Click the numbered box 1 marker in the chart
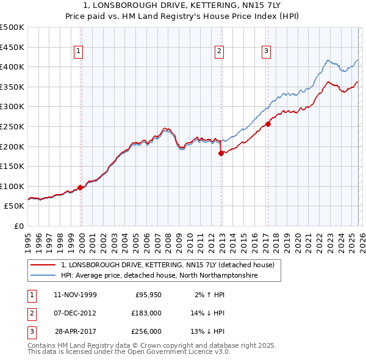[x=80, y=52]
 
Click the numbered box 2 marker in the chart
[x=220, y=52]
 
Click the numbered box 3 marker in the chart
[x=267, y=52]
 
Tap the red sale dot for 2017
[x=268, y=124]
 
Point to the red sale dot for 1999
[x=81, y=188]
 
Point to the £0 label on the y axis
[x=19, y=226]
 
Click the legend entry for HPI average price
[x=160, y=276]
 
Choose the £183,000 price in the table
[x=146, y=313]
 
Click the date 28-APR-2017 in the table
[x=75, y=331]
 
